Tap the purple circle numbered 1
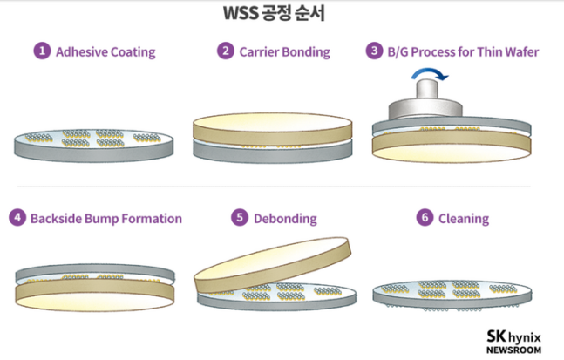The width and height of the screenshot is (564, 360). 41,51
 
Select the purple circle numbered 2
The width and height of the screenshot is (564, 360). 225,51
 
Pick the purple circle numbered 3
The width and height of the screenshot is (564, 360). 375,51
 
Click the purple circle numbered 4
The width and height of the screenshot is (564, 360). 17,218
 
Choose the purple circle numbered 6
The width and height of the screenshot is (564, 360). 425,218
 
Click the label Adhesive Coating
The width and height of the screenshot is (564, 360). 105,51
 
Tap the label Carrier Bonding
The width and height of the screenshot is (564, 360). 285,51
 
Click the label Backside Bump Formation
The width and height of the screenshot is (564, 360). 105,218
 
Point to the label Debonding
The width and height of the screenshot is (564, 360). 285,218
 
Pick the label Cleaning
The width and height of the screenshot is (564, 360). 464,218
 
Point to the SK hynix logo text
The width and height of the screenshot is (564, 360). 513,336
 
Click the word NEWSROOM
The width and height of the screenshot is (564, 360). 513,350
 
